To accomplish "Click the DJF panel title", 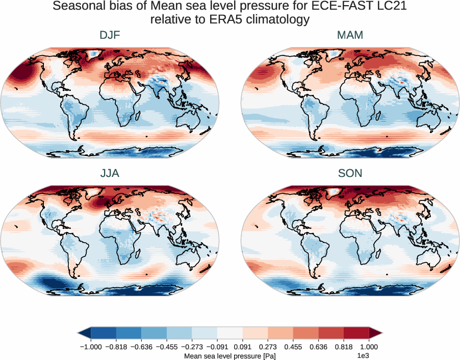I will [110, 35].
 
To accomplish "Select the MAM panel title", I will [350, 35].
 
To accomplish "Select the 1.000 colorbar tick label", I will [369, 346].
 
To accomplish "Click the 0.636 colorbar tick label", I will [319, 346].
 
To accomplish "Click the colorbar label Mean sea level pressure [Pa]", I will [229, 355].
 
